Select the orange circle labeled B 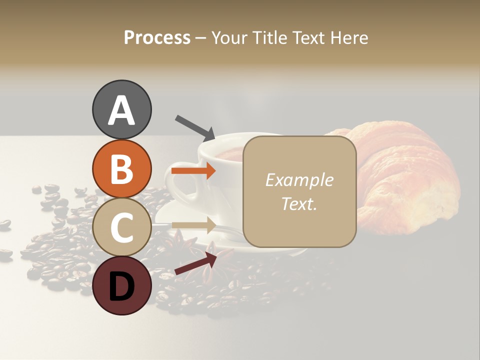coord(121,169)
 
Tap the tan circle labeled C coord(121,227)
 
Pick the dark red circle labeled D coord(121,285)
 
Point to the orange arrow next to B coord(193,171)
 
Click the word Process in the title coord(157,37)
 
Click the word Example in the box coord(299,180)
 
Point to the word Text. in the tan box coord(299,204)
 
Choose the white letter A coord(121,110)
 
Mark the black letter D coord(121,286)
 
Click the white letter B coord(121,169)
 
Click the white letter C coord(121,227)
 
